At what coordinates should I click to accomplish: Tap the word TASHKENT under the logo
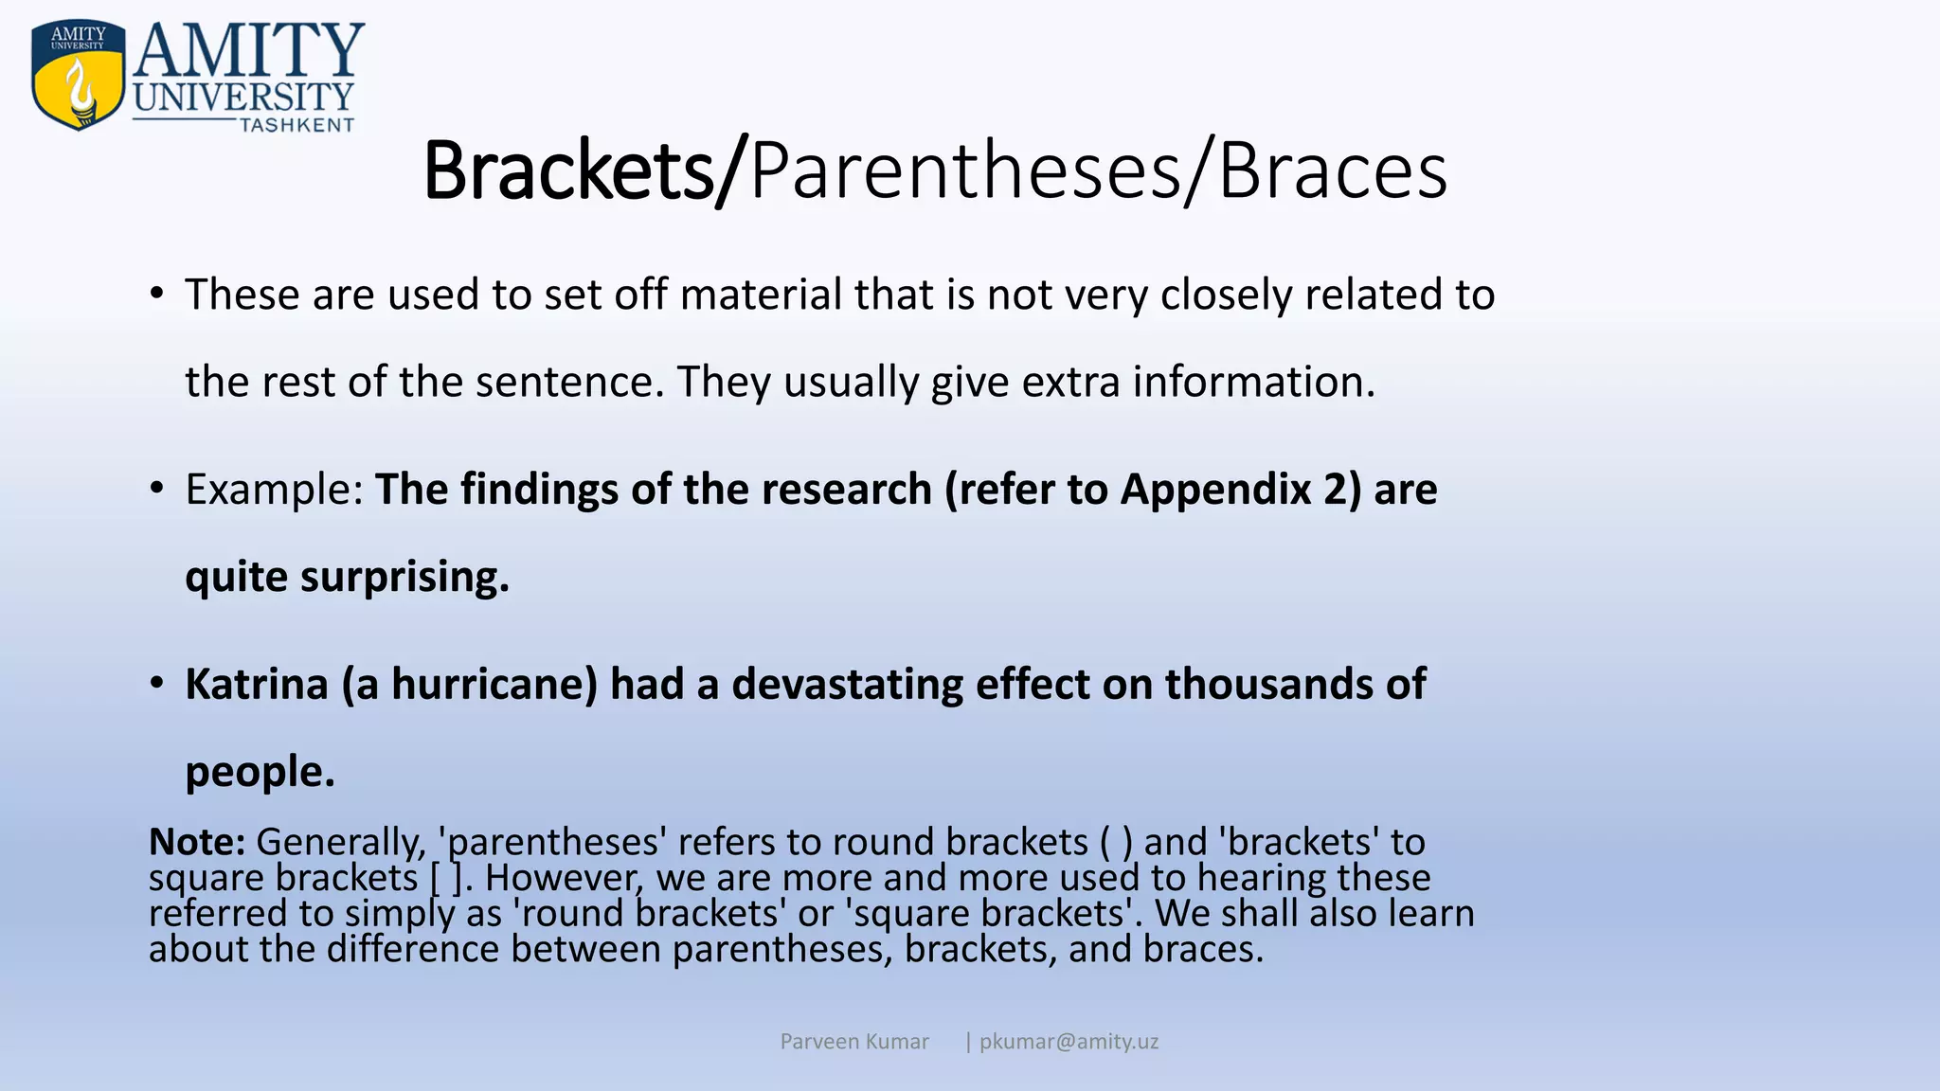click(296, 125)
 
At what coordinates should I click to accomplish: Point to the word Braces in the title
click(1332, 171)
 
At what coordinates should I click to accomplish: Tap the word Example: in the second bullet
click(274, 490)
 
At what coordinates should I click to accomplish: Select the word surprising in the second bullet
click(404, 577)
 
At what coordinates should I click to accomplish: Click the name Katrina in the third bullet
click(257, 684)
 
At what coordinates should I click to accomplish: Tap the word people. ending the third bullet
click(260, 772)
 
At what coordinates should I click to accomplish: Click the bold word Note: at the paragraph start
click(197, 841)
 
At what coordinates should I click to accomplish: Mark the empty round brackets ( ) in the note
click(1116, 842)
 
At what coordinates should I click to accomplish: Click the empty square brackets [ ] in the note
click(447, 878)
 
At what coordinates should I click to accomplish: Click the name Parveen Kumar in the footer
click(853, 1042)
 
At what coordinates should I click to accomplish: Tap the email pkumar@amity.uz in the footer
click(1069, 1042)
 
